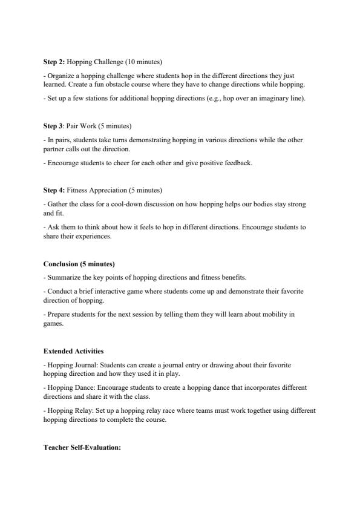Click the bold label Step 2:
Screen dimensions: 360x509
coord(54,62)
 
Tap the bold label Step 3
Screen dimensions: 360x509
coord(54,126)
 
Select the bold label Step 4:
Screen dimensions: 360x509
coord(54,190)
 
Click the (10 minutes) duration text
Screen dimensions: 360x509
coord(146,62)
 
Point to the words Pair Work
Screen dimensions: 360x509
coord(80,126)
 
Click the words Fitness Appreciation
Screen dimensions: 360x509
coord(94,190)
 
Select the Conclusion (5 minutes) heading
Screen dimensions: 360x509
coord(79,264)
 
